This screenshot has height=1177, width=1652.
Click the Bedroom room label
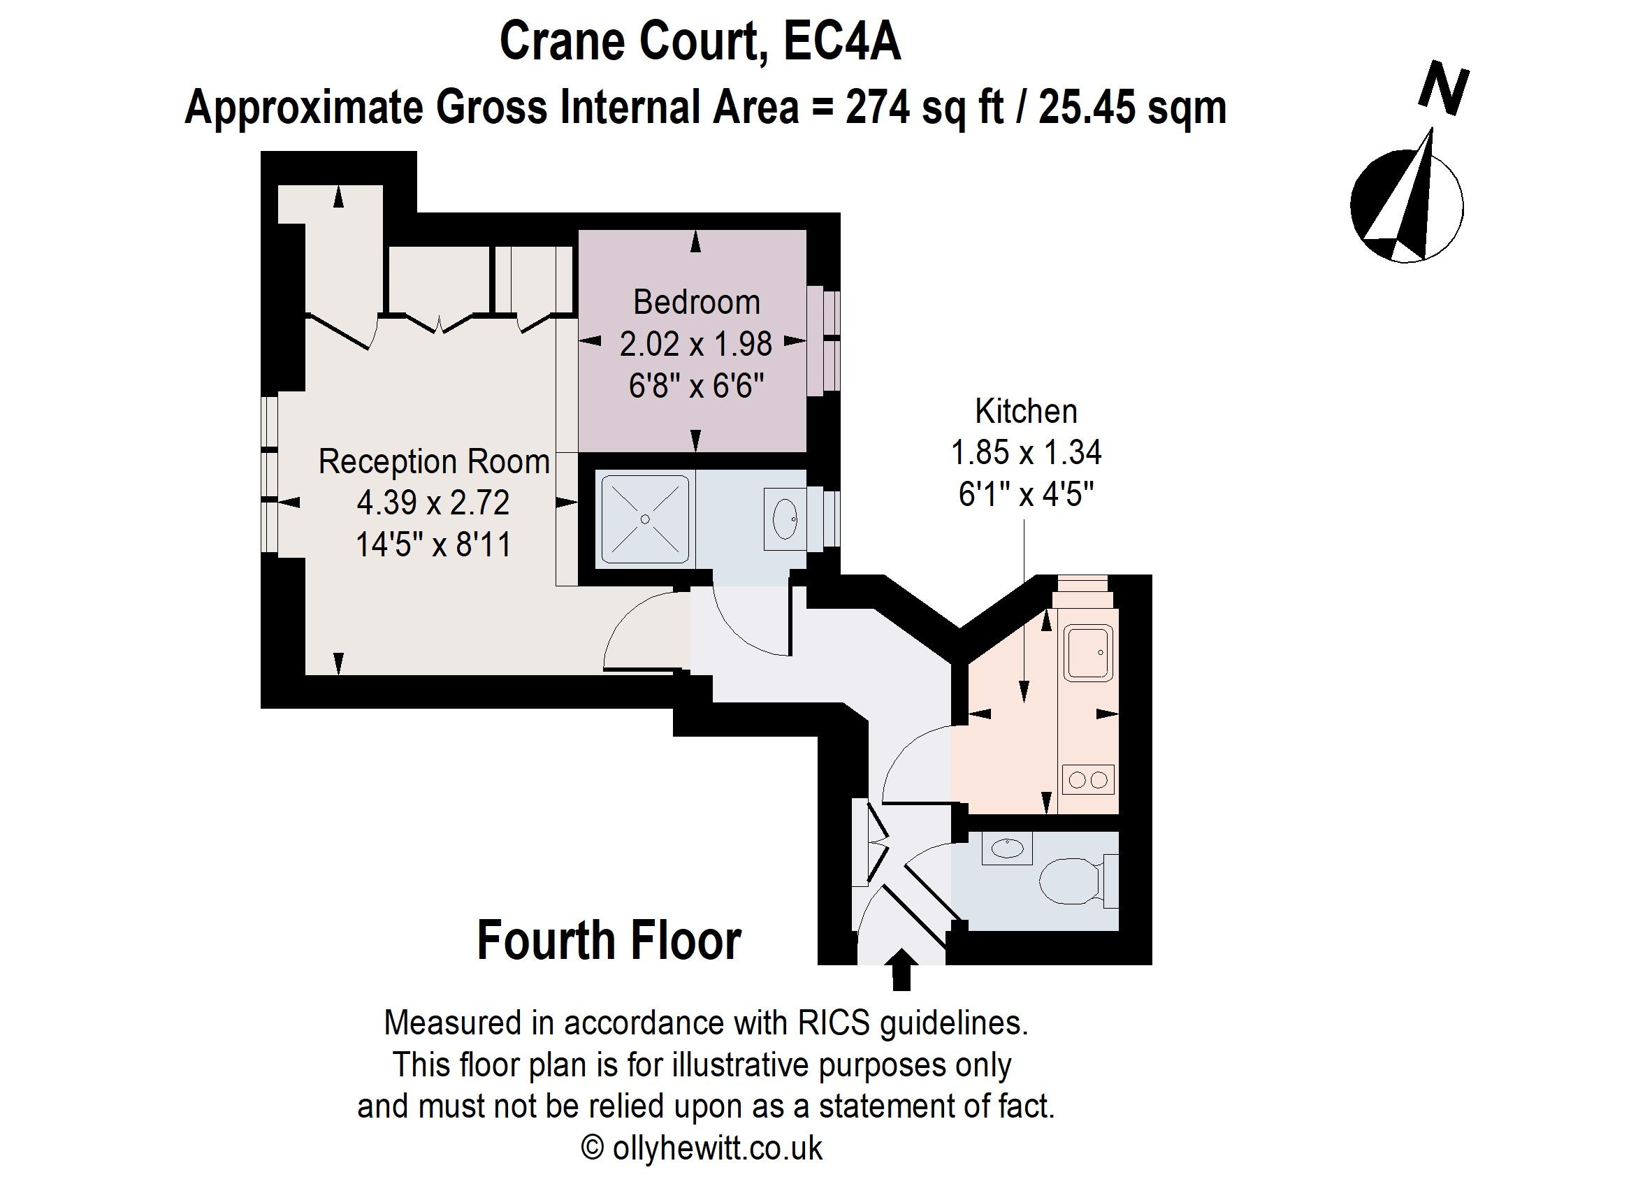coord(696,302)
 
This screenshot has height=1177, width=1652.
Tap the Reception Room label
coord(434,462)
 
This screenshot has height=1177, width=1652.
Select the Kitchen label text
coord(1026,411)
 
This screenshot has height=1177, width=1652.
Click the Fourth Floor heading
coord(609,941)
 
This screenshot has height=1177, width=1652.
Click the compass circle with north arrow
coord(1407,205)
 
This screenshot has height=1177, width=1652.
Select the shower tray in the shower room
coord(645,519)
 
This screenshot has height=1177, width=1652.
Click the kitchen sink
coord(1087,654)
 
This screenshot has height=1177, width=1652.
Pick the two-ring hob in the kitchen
coord(1088,780)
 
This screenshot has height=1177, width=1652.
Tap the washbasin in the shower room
coord(785,519)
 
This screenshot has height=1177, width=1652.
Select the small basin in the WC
coord(1007,847)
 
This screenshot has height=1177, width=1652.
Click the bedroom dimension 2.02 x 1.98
coord(695,344)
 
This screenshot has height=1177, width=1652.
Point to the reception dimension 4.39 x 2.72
coord(433,503)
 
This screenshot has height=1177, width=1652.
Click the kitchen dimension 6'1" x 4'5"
coord(1026,494)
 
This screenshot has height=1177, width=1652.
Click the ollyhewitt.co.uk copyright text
coord(702,1148)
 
